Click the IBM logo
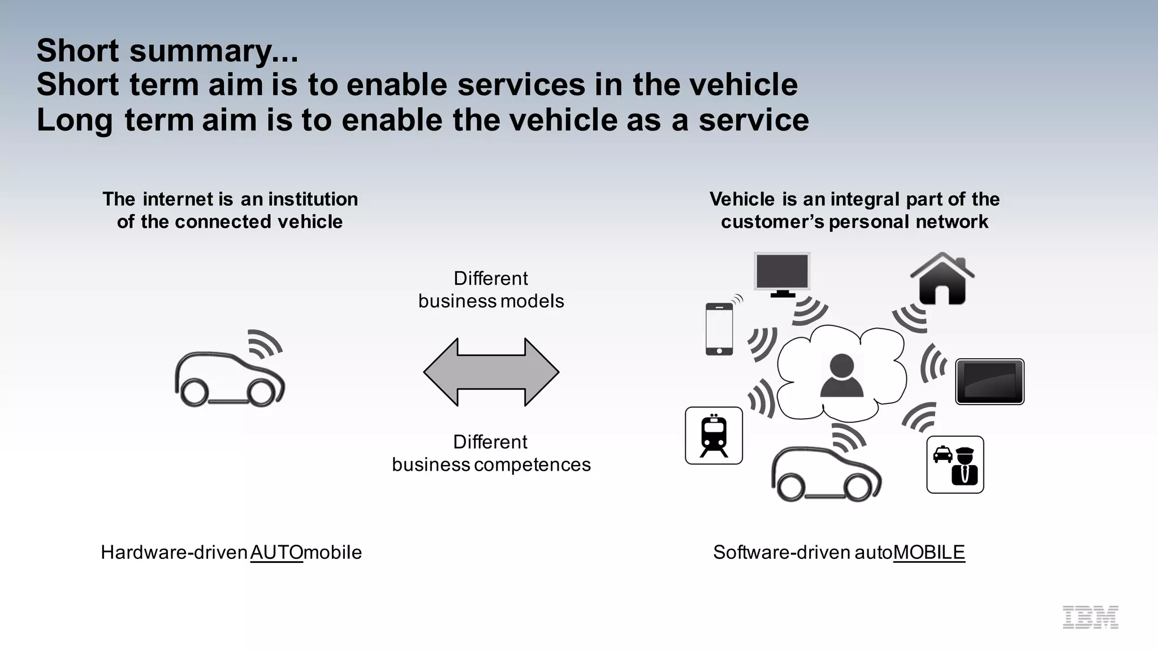(1090, 617)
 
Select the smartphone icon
(719, 329)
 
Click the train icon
(714, 436)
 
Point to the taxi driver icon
(955, 465)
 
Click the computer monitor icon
(782, 274)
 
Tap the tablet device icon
(990, 381)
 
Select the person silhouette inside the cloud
(841, 375)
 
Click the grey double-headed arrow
(491, 372)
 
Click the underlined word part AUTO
(276, 552)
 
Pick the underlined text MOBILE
(929, 552)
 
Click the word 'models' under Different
(532, 301)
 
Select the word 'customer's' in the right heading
(772, 222)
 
